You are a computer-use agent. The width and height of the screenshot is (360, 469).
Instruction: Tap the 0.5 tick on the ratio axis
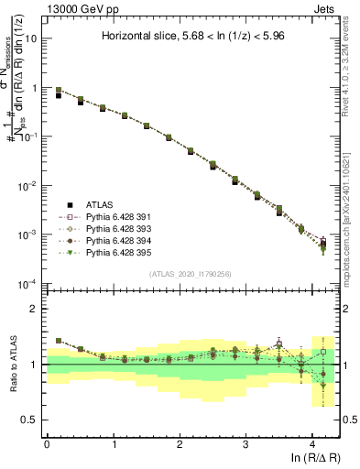33,420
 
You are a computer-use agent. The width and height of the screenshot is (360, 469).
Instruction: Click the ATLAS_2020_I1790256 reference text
191,274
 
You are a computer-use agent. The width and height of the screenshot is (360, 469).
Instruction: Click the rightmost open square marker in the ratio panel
322,351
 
